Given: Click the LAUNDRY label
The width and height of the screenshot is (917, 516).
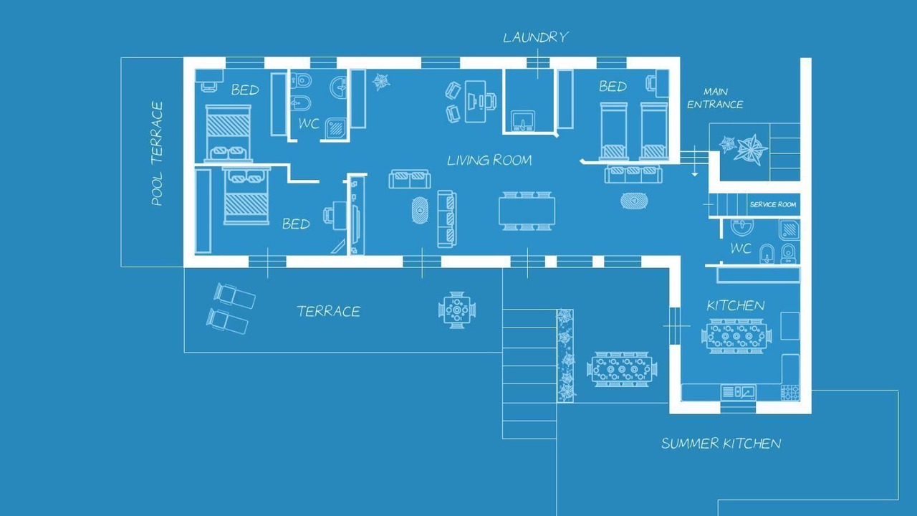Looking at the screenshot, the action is [535, 37].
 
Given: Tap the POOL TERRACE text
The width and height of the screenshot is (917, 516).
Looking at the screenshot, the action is [157, 153].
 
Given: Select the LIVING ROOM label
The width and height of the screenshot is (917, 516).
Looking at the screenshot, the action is [489, 160].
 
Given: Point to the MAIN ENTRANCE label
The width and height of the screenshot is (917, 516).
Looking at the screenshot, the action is [715, 98].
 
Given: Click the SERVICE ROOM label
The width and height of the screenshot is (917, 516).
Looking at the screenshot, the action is [773, 204].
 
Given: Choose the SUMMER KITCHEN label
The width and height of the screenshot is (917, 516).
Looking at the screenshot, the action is [721, 443].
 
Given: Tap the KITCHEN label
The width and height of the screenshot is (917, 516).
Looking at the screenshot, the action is [736, 305].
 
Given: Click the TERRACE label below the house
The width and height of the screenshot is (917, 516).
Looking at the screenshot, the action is [329, 311].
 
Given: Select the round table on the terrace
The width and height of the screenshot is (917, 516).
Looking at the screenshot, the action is [457, 310].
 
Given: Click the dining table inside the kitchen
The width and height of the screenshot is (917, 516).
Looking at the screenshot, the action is [736, 336].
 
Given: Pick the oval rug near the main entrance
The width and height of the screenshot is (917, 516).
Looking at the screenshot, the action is [634, 201].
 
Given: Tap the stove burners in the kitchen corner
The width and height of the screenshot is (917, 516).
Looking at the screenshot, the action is [789, 392].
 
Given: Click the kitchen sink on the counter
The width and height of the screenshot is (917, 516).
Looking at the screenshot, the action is [738, 392].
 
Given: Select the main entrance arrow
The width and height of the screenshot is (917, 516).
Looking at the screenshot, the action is [695, 161].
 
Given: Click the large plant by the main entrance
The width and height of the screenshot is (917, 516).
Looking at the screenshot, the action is [751, 149].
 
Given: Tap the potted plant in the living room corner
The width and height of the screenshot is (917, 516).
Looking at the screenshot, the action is [380, 82].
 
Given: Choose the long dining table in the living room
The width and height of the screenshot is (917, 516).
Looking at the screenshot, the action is [527, 211].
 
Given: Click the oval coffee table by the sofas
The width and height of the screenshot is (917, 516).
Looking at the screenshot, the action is [419, 211].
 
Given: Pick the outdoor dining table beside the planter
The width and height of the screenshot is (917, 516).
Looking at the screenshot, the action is [621, 369].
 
